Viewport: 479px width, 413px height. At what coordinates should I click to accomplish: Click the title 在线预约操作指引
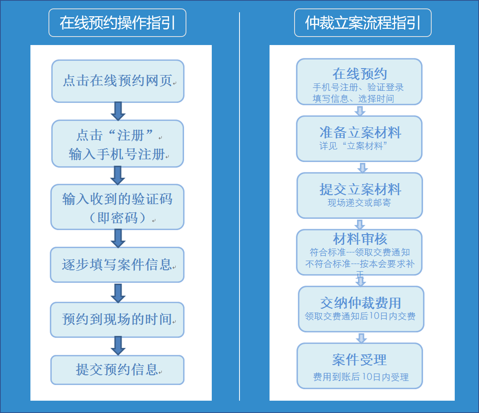[x=117, y=23]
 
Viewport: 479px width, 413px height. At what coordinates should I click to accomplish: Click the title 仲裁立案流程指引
[x=363, y=23]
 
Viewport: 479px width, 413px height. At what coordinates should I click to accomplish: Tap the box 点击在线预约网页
[x=118, y=81]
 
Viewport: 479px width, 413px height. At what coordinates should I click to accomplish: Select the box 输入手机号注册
[x=118, y=144]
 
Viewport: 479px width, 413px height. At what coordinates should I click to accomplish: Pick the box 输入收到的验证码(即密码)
[x=117, y=207]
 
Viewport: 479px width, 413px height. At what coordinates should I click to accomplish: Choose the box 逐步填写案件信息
[x=117, y=265]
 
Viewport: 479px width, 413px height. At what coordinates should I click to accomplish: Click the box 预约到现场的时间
[x=117, y=319]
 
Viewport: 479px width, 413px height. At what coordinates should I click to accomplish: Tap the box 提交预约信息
[x=117, y=370]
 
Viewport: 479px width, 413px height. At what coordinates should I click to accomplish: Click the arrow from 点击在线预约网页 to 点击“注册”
[x=118, y=111]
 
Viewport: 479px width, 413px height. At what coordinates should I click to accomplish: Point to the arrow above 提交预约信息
[x=118, y=346]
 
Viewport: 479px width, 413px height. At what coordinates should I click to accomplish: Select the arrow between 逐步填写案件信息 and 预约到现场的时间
[x=118, y=293]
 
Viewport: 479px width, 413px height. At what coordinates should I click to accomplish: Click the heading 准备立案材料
[x=360, y=132]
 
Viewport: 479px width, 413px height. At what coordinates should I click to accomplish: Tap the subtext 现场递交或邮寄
[x=359, y=203]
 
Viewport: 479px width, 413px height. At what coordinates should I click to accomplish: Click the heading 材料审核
[x=360, y=239]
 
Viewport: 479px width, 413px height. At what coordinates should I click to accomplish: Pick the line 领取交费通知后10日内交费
[x=360, y=316]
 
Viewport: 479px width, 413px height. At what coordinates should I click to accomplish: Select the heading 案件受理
[x=360, y=360]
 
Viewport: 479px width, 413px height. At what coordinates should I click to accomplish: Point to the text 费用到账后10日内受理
[x=361, y=377]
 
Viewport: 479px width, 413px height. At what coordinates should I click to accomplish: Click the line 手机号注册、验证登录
[x=358, y=87]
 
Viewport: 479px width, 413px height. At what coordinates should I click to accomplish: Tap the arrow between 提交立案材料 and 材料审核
[x=360, y=224]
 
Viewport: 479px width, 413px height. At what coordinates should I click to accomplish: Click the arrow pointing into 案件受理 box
[x=362, y=338]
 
